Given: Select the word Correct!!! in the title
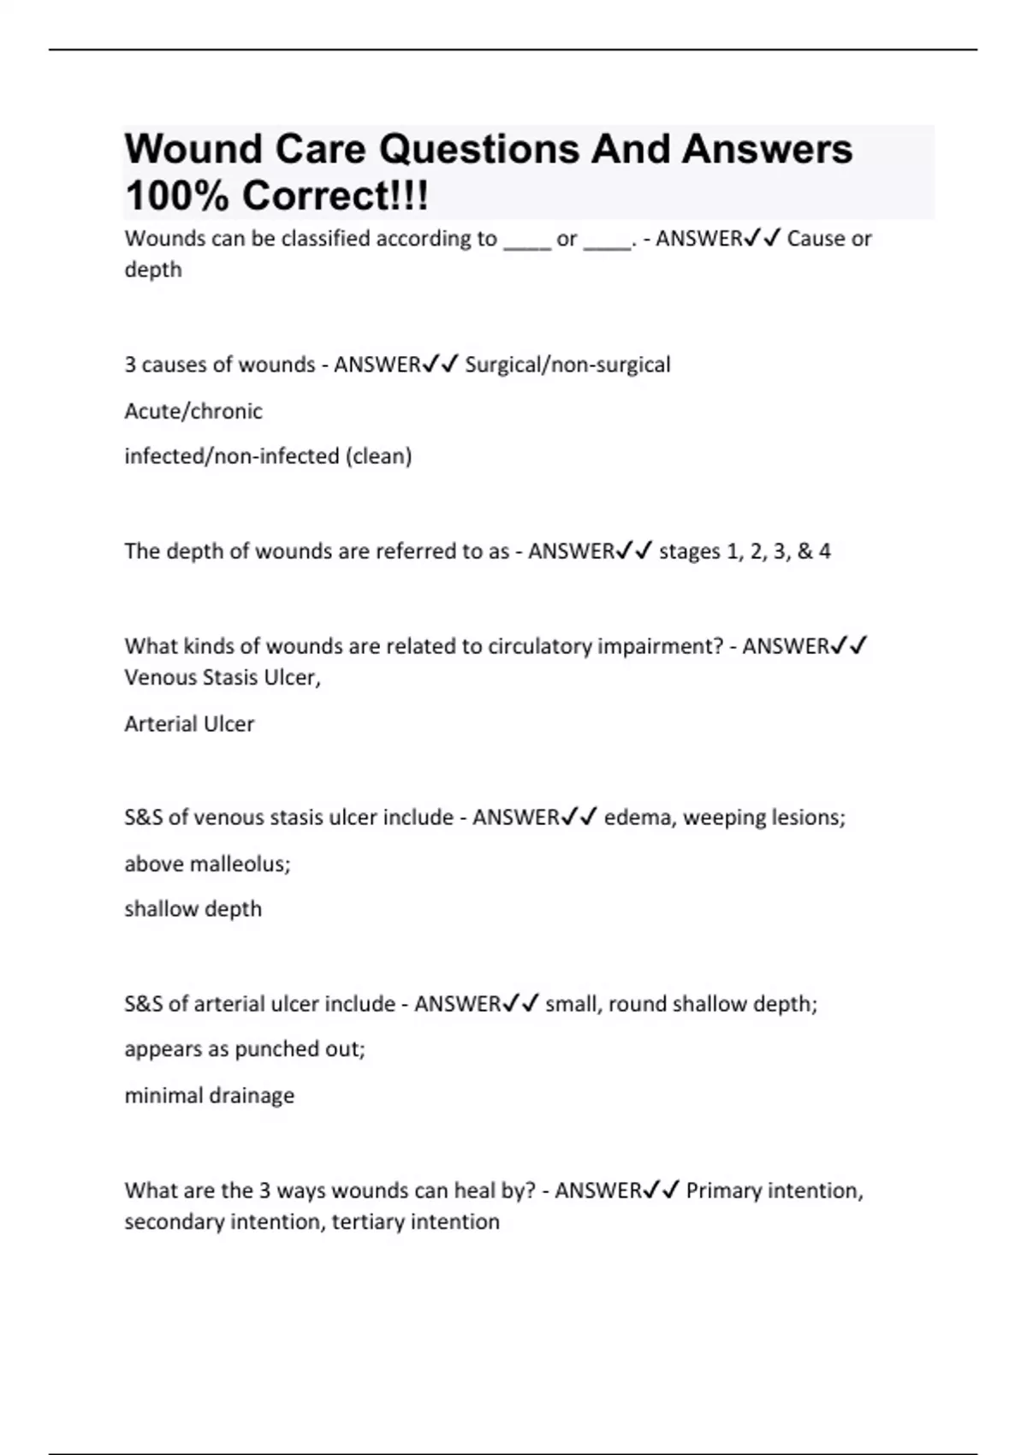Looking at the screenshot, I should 335,196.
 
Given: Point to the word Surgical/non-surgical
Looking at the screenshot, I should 567,365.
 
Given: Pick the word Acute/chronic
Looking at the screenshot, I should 193,412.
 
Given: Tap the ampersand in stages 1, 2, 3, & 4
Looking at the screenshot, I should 804,551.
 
